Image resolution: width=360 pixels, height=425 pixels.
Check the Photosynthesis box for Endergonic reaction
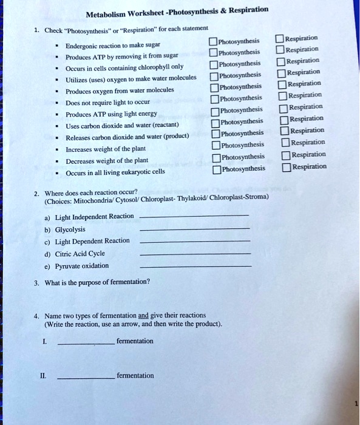click(x=212, y=42)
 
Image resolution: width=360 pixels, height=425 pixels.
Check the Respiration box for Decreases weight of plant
click(x=286, y=155)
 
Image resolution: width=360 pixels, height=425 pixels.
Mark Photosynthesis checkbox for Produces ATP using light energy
click(x=215, y=110)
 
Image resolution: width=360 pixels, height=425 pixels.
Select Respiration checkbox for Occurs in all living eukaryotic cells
click(x=286, y=167)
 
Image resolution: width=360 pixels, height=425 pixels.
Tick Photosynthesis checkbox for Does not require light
click(x=215, y=99)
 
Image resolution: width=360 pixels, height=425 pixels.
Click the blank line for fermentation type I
click(x=85, y=344)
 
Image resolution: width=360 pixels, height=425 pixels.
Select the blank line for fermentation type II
click(x=85, y=378)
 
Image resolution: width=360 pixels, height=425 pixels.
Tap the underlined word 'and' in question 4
click(x=143, y=316)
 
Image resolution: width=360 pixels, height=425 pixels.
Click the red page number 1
click(x=356, y=403)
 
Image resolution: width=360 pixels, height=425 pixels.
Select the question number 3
click(x=36, y=282)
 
